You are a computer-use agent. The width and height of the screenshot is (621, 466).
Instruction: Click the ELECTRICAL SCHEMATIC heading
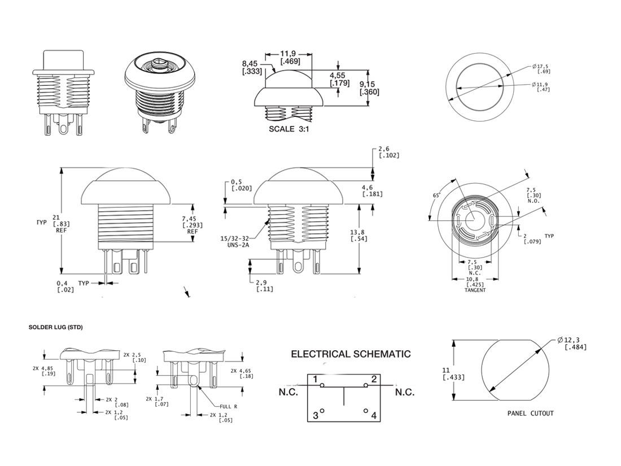pyautogui.click(x=351, y=355)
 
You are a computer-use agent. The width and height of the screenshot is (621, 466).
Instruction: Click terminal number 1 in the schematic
pyautogui.click(x=316, y=379)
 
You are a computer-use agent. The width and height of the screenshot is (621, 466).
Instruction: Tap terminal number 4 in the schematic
pyautogui.click(x=374, y=416)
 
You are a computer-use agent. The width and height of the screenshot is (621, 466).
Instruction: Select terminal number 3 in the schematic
pyautogui.click(x=316, y=416)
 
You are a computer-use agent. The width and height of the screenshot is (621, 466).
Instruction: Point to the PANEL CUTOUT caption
pyautogui.click(x=530, y=413)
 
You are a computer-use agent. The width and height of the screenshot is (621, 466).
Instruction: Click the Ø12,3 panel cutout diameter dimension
pyautogui.click(x=572, y=343)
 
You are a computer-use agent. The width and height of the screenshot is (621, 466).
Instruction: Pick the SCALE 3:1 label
pyautogui.click(x=290, y=129)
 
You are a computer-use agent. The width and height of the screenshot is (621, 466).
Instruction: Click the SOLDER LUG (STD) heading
pyautogui.click(x=55, y=328)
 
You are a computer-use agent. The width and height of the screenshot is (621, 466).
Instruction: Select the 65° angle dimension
pyautogui.click(x=436, y=195)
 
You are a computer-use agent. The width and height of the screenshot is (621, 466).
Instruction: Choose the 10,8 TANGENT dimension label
pyautogui.click(x=475, y=282)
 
